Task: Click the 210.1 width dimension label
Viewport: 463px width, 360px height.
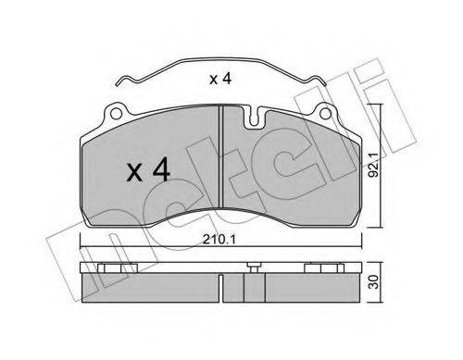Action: pos(219,240)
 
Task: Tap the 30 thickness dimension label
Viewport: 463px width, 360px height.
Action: pos(374,281)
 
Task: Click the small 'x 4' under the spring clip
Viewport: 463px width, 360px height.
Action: pos(220,79)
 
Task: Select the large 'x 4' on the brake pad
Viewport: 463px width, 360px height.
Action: pos(148,169)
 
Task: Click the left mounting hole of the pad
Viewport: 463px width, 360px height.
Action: pos(115,114)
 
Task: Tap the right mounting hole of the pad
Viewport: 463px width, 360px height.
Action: pos(325,114)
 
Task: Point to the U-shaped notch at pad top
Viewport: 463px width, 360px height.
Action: pos(254,118)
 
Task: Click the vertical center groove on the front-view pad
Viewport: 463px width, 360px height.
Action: pos(220,156)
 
